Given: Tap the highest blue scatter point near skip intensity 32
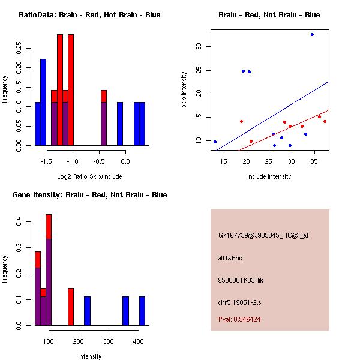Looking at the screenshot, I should (312, 34).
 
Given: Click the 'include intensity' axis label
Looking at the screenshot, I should (269, 176).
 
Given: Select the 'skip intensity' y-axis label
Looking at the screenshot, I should (184, 90).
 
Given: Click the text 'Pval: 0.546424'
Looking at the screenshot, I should (239, 319).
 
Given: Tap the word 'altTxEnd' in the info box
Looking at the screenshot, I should (230, 258).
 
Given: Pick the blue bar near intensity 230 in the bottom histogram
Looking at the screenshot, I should (87, 311).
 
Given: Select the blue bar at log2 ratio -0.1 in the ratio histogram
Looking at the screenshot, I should (120, 124).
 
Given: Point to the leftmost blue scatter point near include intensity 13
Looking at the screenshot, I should (215, 142).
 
